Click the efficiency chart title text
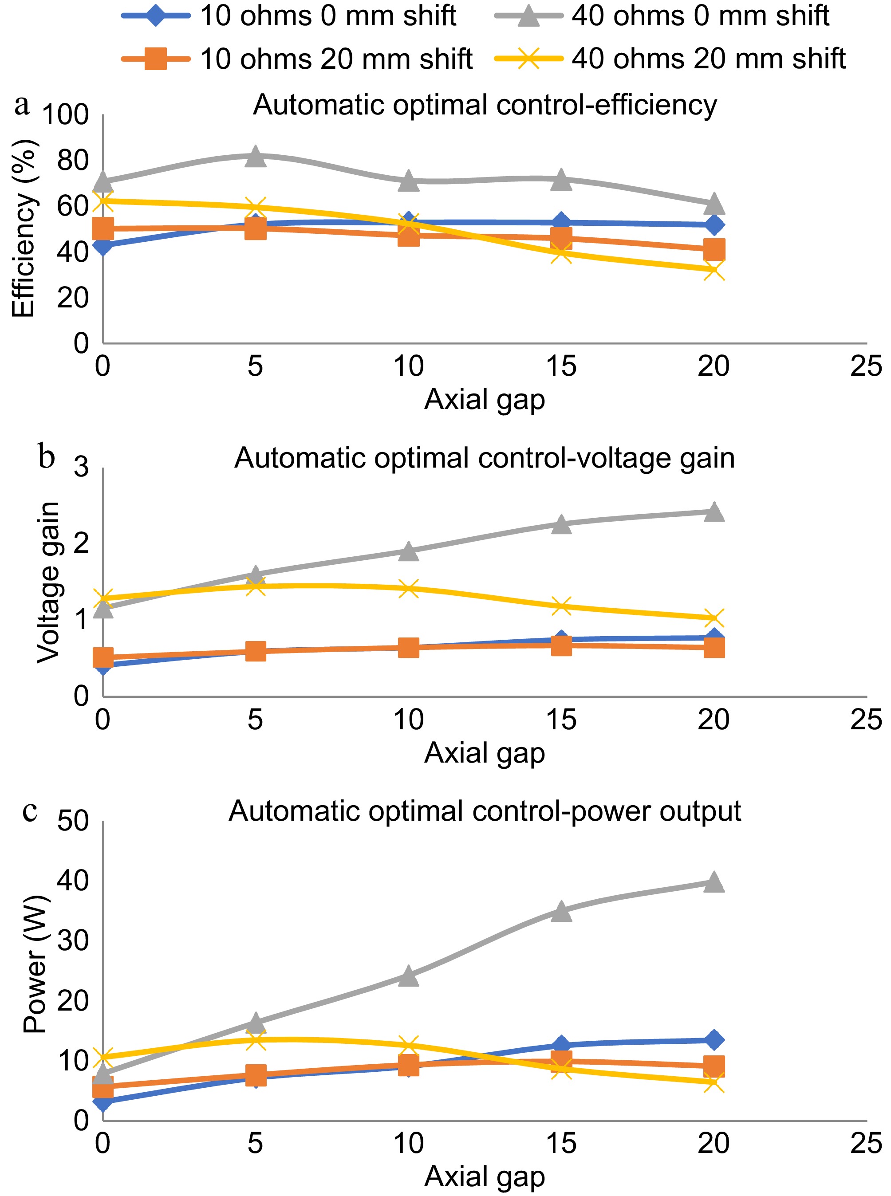coord(485,105)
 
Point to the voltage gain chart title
coord(485,458)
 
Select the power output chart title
coord(485,810)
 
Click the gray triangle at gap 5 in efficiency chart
coord(255,156)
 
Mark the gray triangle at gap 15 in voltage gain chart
coord(561,523)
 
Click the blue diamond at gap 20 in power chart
coord(714,1040)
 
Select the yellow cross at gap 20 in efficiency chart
coord(714,270)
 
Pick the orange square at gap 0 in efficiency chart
coord(103,228)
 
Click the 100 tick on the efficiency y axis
coord(65,115)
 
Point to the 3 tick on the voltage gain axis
coord(81,467)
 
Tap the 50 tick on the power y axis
coord(73,821)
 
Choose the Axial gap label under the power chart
coord(485,1176)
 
